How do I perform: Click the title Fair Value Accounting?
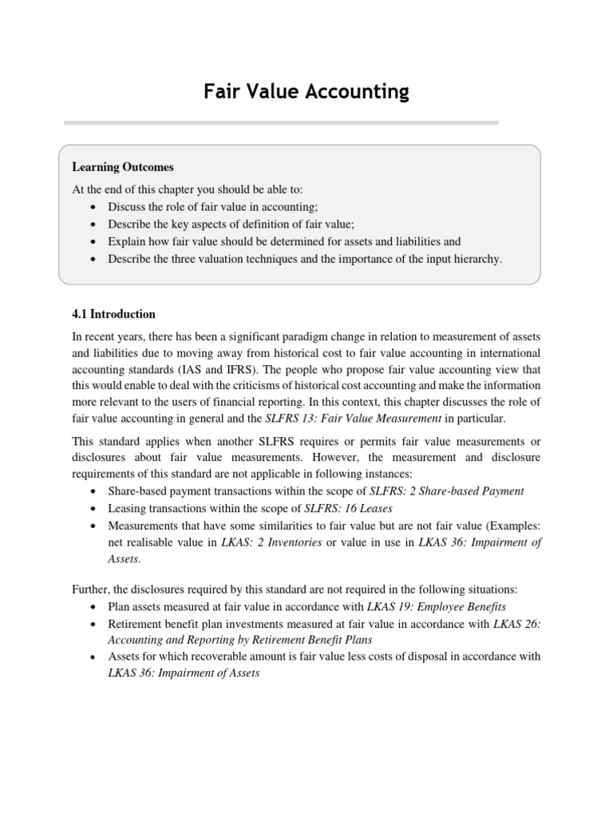pos(306,92)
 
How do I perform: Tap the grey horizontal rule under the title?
pos(281,122)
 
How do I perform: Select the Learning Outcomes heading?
pos(123,167)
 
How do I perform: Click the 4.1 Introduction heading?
pos(113,314)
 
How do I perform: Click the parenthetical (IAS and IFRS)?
pos(218,370)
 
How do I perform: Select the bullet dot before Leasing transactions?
pos(96,509)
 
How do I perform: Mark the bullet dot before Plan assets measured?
pos(96,607)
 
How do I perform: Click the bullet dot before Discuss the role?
pos(96,207)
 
